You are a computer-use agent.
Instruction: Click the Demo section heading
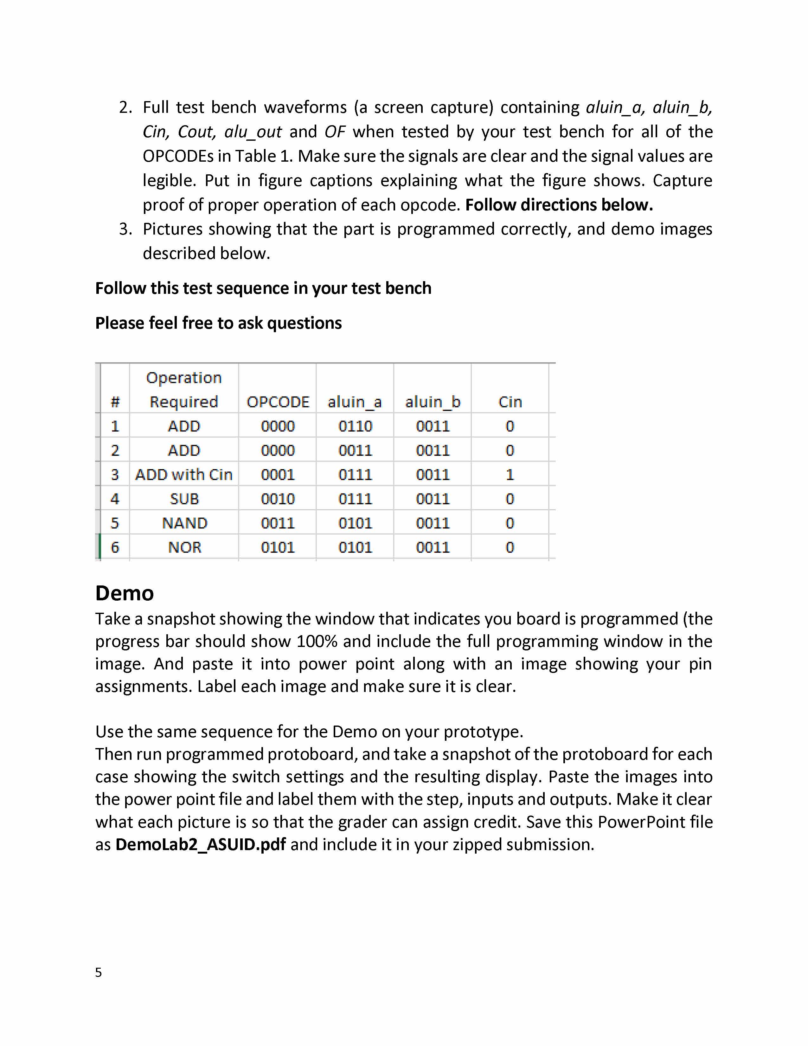[x=125, y=593]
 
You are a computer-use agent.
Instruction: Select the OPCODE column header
[x=278, y=402]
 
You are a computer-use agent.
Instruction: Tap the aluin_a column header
[x=355, y=402]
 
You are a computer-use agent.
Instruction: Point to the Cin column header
[x=510, y=402]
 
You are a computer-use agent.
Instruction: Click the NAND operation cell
[x=184, y=523]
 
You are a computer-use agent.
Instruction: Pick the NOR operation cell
[x=184, y=547]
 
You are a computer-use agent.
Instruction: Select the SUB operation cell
[x=184, y=499]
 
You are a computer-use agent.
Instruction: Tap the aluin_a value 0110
[x=355, y=426]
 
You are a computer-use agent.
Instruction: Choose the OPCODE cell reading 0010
[x=278, y=499]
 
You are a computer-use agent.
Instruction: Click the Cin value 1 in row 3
[x=510, y=475]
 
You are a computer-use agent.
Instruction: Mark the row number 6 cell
[x=115, y=547]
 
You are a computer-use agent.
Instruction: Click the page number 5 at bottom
[x=99, y=972]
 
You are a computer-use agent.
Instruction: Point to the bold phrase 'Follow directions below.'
[x=559, y=205]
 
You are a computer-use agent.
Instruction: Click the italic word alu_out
[x=253, y=132]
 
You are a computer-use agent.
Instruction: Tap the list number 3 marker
[x=125, y=229]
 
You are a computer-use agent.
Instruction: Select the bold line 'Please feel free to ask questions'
[x=218, y=323]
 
